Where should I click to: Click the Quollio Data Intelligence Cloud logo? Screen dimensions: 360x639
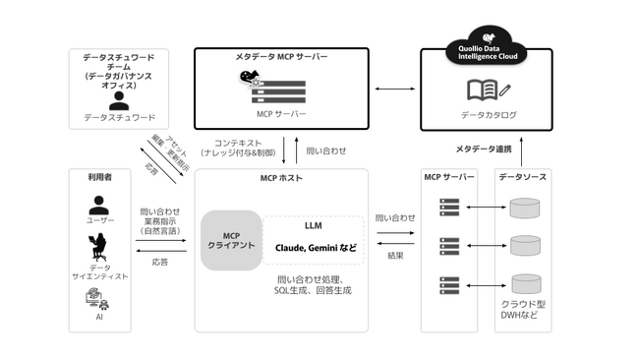tap(487, 49)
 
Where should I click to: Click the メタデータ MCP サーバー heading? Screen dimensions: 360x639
tap(281, 57)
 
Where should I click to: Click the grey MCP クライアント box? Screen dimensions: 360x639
tap(231, 240)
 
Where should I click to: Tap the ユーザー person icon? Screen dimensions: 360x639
tap(98, 205)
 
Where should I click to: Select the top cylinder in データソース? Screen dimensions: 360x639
tap(525, 208)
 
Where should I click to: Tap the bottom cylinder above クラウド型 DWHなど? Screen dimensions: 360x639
tap(525, 283)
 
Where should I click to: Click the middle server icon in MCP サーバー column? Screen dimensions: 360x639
tap(449, 245)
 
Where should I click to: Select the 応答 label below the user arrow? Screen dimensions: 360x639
tap(159, 263)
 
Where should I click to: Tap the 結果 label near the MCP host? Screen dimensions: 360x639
tap(395, 256)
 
